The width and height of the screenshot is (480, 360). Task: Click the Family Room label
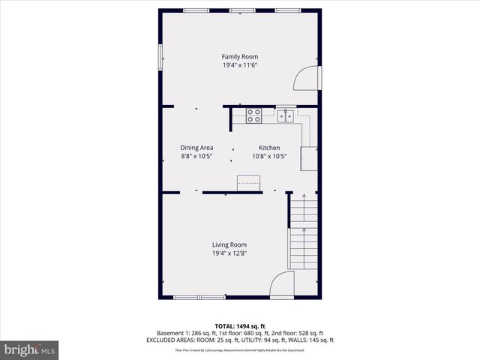[239, 56]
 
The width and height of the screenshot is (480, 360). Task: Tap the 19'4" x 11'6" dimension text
[239, 65]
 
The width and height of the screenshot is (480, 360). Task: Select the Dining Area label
[196, 148]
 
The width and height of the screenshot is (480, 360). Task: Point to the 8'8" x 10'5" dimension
[196, 157]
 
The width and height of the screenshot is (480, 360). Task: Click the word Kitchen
[269, 148]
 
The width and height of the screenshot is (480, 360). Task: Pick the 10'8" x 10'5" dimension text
[269, 157]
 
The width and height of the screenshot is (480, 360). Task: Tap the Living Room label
[229, 244]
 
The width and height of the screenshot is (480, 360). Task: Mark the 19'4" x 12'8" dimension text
[229, 253]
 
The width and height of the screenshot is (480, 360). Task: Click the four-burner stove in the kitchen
[254, 115]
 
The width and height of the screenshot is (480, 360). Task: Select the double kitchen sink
[285, 115]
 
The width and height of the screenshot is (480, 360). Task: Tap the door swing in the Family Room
[305, 78]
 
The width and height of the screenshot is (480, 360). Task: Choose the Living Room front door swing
[282, 284]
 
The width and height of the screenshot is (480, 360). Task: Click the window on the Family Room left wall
[160, 58]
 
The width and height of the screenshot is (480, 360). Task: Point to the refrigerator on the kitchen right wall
[309, 158]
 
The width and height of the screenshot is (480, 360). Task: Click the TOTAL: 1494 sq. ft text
[239, 325]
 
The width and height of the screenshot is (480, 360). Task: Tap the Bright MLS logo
[30, 349]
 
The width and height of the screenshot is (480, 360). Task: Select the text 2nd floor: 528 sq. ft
[298, 333]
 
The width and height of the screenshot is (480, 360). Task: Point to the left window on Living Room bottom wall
[189, 298]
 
